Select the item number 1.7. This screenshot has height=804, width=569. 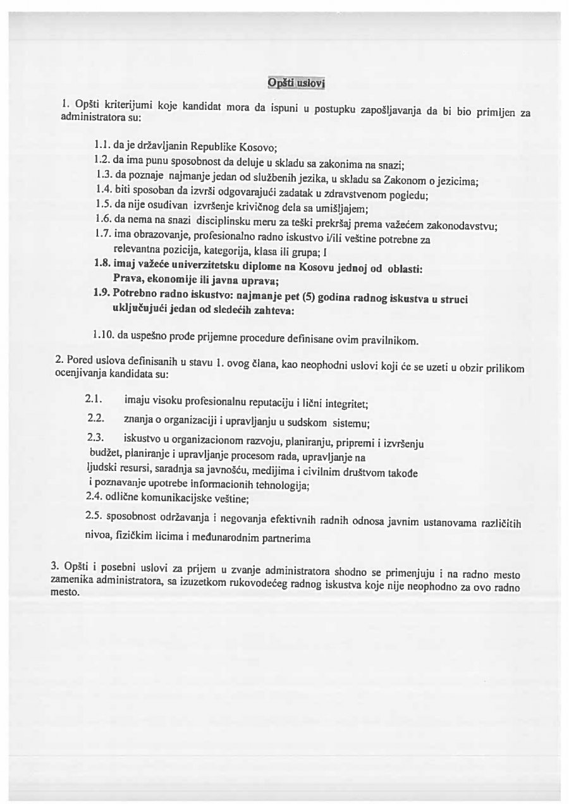pyautogui.click(x=102, y=233)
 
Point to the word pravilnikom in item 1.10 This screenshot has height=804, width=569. pyautogui.click(x=391, y=341)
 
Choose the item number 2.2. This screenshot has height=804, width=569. pyautogui.click(x=95, y=418)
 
